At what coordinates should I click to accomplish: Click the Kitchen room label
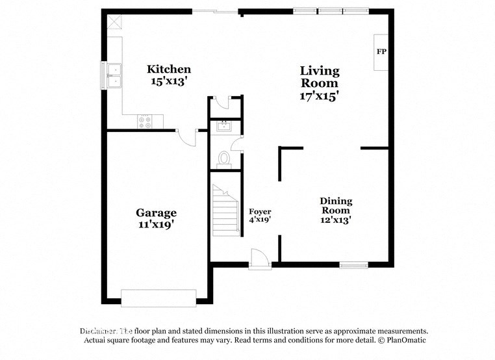(x=169, y=69)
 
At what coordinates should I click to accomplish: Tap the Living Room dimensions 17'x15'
(x=319, y=96)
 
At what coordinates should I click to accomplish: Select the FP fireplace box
(x=381, y=51)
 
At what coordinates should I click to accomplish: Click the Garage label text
(x=156, y=212)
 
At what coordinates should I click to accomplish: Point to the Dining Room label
(x=335, y=205)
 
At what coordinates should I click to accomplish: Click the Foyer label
(x=260, y=212)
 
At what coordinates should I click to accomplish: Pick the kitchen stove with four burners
(x=144, y=120)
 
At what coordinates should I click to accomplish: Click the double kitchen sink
(x=115, y=75)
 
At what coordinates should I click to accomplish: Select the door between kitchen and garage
(x=187, y=137)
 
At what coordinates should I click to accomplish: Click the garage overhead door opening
(x=159, y=298)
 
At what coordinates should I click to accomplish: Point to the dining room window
(x=353, y=264)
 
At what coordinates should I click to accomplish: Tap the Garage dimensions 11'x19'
(x=156, y=224)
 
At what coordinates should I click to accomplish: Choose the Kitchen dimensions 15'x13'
(x=169, y=81)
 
